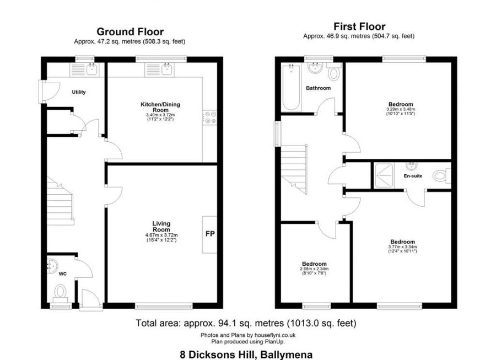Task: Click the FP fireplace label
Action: (210, 234)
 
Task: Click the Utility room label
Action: (79, 92)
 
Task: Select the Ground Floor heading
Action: (130, 32)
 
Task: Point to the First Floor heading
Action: (359, 26)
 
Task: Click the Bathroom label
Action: (319, 88)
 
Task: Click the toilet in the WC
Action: (60, 291)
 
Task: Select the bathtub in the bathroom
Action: (291, 87)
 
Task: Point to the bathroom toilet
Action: (334, 72)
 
